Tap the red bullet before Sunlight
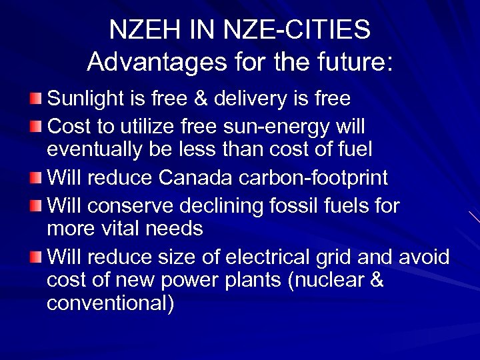pos(35,99)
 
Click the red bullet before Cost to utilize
pos(35,125)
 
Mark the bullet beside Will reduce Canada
pos(35,178)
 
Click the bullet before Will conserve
pos(35,205)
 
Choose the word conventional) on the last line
pos(111,304)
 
